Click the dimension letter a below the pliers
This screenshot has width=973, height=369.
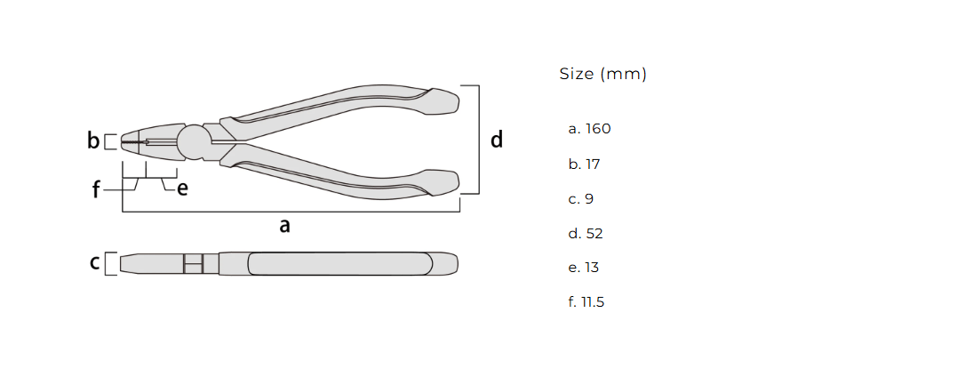pyautogui.click(x=284, y=226)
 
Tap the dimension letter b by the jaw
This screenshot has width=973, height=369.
pyautogui.click(x=93, y=140)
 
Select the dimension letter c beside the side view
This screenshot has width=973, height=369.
pyautogui.click(x=94, y=263)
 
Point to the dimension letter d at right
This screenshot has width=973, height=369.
pyautogui.click(x=497, y=140)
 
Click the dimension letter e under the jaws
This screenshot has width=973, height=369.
pyautogui.click(x=181, y=189)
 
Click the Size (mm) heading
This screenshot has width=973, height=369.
pyautogui.click(x=602, y=74)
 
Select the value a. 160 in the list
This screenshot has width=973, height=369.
pyautogui.click(x=589, y=129)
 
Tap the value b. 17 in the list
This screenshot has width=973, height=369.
pyautogui.click(x=585, y=164)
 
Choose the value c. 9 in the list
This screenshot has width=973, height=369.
pyautogui.click(x=580, y=199)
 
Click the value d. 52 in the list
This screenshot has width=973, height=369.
pyautogui.click(x=586, y=234)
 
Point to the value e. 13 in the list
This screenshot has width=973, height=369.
pyautogui.click(x=585, y=268)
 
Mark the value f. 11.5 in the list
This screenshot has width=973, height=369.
pyautogui.click(x=586, y=302)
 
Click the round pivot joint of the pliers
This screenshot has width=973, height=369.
pyautogui.click(x=194, y=141)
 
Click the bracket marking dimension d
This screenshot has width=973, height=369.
pyautogui.click(x=478, y=140)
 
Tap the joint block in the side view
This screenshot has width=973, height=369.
pyautogui.click(x=193, y=263)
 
